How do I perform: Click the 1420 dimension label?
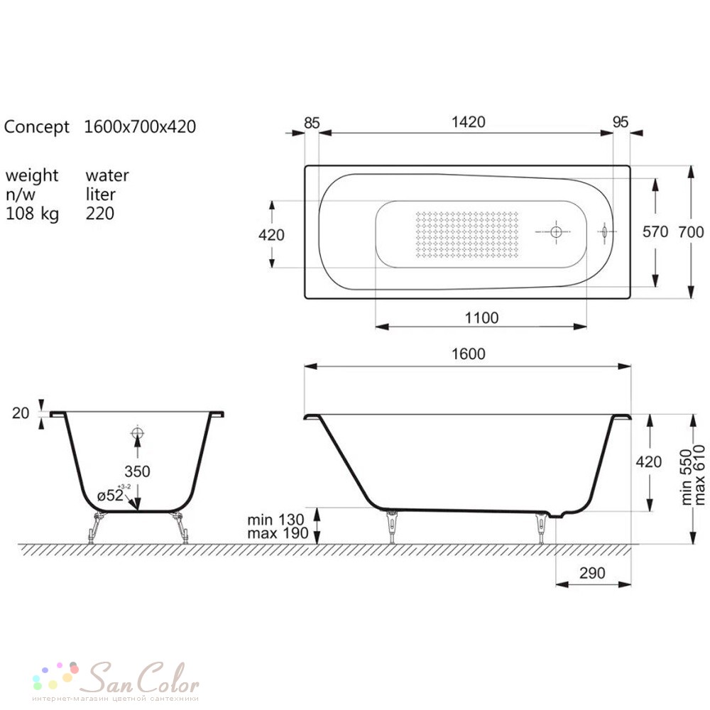[468, 122]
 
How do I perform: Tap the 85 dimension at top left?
[312, 123]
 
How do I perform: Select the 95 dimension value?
[620, 122]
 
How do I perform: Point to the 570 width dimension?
[655, 232]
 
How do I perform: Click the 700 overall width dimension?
[691, 232]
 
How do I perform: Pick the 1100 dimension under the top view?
[481, 318]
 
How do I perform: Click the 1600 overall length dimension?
[468, 354]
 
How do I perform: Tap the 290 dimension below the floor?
[592, 573]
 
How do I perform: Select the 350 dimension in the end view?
[137, 471]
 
